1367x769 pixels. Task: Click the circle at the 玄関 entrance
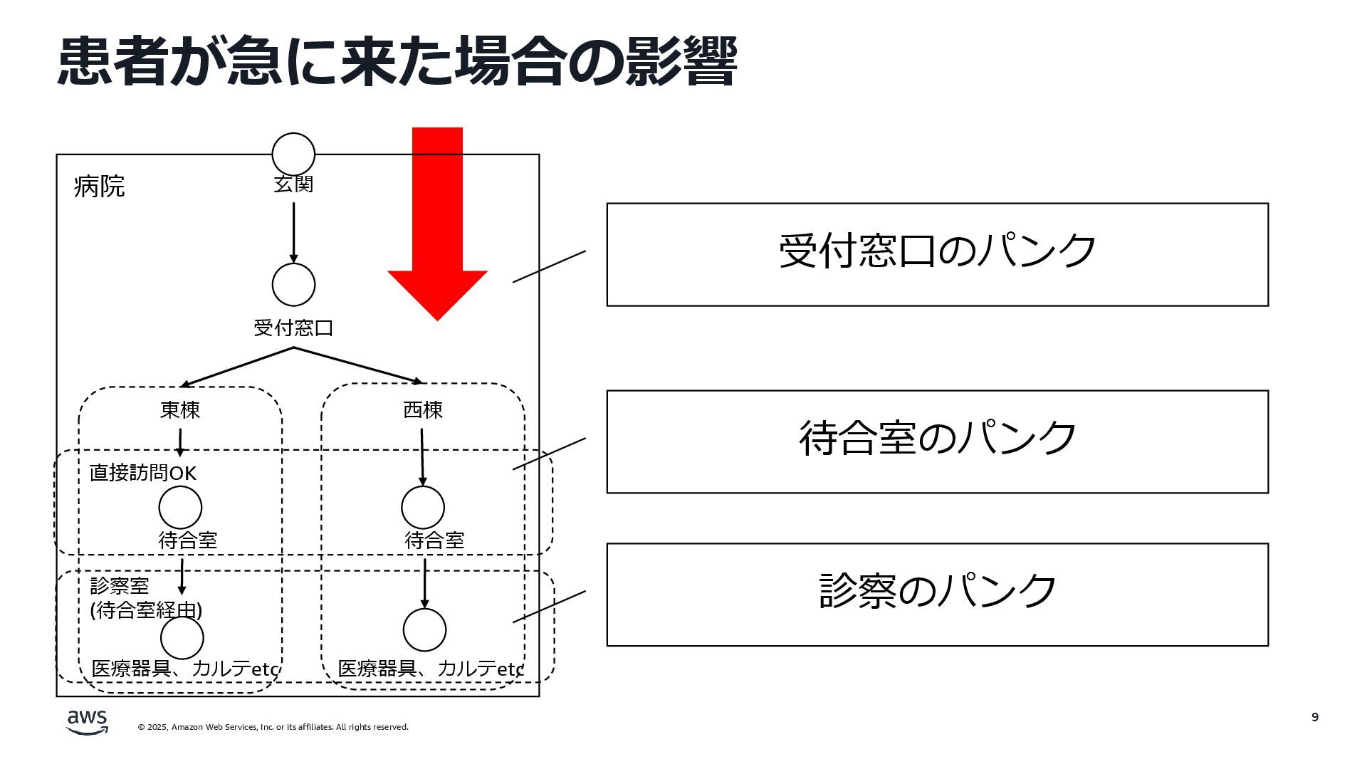pyautogui.click(x=293, y=154)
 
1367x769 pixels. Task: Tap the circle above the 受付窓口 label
pyautogui.click(x=293, y=284)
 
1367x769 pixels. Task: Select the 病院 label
pyautogui.click(x=99, y=187)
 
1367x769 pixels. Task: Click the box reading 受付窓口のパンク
pyautogui.click(x=937, y=254)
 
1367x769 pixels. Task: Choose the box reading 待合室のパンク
pyautogui.click(x=937, y=441)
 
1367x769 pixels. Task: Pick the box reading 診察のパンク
pyautogui.click(x=937, y=595)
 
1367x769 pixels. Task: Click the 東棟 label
pyautogui.click(x=180, y=410)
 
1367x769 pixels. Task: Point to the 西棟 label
pyautogui.click(x=423, y=410)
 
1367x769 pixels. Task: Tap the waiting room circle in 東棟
pyautogui.click(x=180, y=507)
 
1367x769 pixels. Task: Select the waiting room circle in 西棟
pyautogui.click(x=423, y=507)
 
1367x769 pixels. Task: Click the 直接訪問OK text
pyautogui.click(x=143, y=474)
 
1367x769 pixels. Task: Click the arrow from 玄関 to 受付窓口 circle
pyautogui.click(x=293, y=232)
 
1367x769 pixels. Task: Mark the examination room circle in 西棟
pyautogui.click(x=424, y=630)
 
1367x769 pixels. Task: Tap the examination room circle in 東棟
pyautogui.click(x=182, y=638)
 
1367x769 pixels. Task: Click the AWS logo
pyautogui.click(x=88, y=721)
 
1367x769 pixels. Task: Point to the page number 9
pyautogui.click(x=1315, y=717)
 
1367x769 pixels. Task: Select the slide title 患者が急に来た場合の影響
pyautogui.click(x=397, y=62)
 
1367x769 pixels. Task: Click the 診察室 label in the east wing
pyautogui.click(x=120, y=586)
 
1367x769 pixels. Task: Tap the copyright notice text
pyautogui.click(x=273, y=727)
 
